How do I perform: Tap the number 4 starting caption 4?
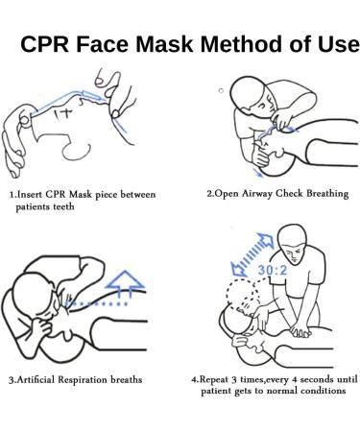195,379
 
